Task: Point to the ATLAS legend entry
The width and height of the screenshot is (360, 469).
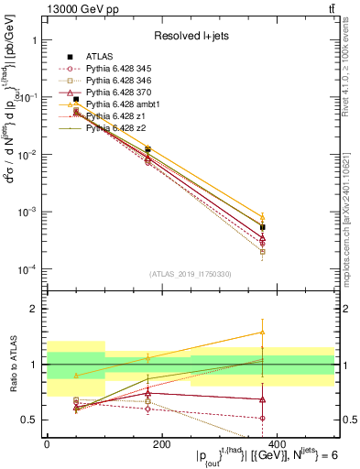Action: point(101,56)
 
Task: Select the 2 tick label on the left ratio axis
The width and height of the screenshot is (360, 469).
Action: point(32,310)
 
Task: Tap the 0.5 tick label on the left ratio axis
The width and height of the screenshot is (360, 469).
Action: point(28,420)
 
